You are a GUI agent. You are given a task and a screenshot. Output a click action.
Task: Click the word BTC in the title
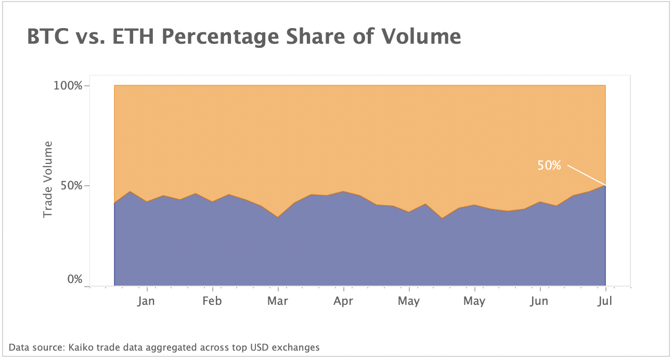[48, 37]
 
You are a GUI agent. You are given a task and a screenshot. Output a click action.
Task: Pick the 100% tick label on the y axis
[68, 85]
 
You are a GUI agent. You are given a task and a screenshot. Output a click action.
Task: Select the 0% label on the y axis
[75, 279]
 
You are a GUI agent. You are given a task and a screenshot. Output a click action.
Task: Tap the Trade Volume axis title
[48, 179]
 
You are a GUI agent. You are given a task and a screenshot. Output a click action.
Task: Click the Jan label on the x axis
[147, 301]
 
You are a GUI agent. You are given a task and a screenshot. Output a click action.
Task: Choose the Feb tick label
[212, 301]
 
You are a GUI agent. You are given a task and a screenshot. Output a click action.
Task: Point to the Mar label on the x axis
[278, 301]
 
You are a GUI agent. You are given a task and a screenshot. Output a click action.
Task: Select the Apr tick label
[343, 302]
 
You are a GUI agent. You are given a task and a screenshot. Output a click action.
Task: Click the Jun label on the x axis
[539, 301]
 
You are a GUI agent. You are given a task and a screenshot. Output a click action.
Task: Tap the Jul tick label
[605, 301]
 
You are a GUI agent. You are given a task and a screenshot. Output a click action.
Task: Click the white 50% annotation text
[549, 165]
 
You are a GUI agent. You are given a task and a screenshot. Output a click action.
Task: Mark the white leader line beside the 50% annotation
[586, 175]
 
